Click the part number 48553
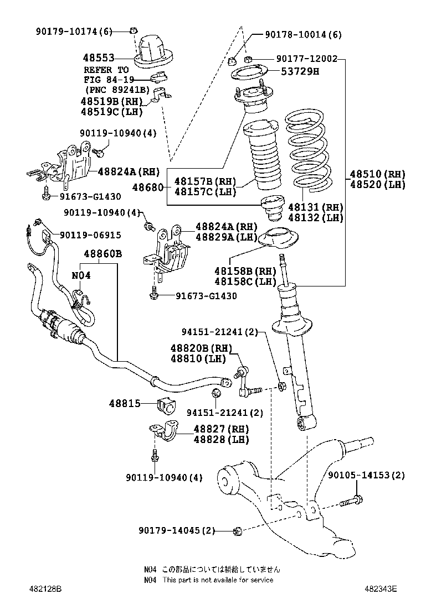tap(99, 58)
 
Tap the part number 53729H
tap(300, 71)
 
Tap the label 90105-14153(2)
tap(366, 475)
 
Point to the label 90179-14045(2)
tap(177, 530)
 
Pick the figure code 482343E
tap(381, 589)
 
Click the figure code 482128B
tap(45, 589)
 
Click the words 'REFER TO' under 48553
tap(106, 70)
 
